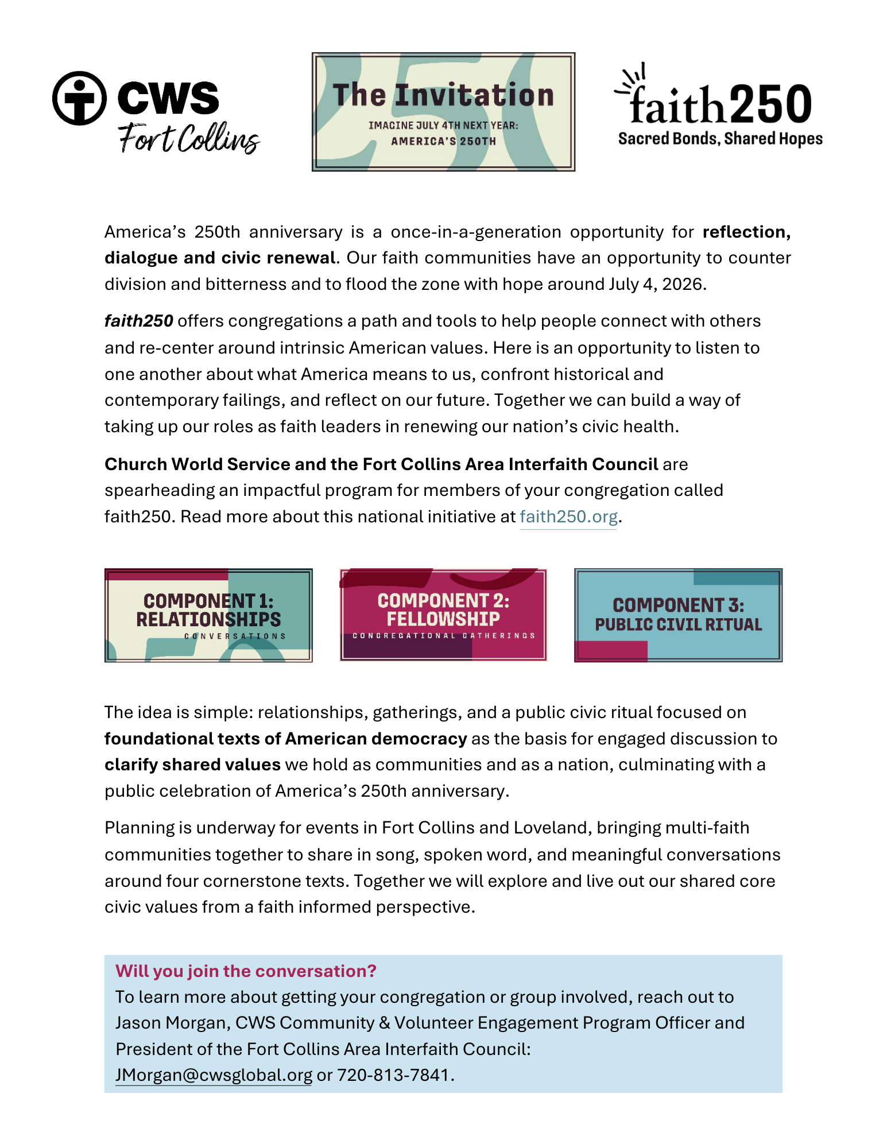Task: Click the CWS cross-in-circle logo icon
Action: [79, 98]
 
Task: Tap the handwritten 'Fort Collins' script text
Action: [188, 139]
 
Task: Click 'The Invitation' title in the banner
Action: [443, 95]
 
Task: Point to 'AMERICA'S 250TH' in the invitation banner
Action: [443, 141]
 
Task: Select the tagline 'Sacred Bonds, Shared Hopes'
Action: [720, 139]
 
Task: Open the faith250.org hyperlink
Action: [568, 517]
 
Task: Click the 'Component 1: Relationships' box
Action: [208, 615]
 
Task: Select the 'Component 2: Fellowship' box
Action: [443, 615]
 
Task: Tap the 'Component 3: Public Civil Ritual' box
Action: [678, 615]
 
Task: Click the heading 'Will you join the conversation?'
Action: [246, 971]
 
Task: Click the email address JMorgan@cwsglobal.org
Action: [214, 1075]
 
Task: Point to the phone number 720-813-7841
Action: [393, 1075]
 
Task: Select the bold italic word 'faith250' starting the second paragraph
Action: [138, 321]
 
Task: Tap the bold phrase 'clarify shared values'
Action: [192, 765]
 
